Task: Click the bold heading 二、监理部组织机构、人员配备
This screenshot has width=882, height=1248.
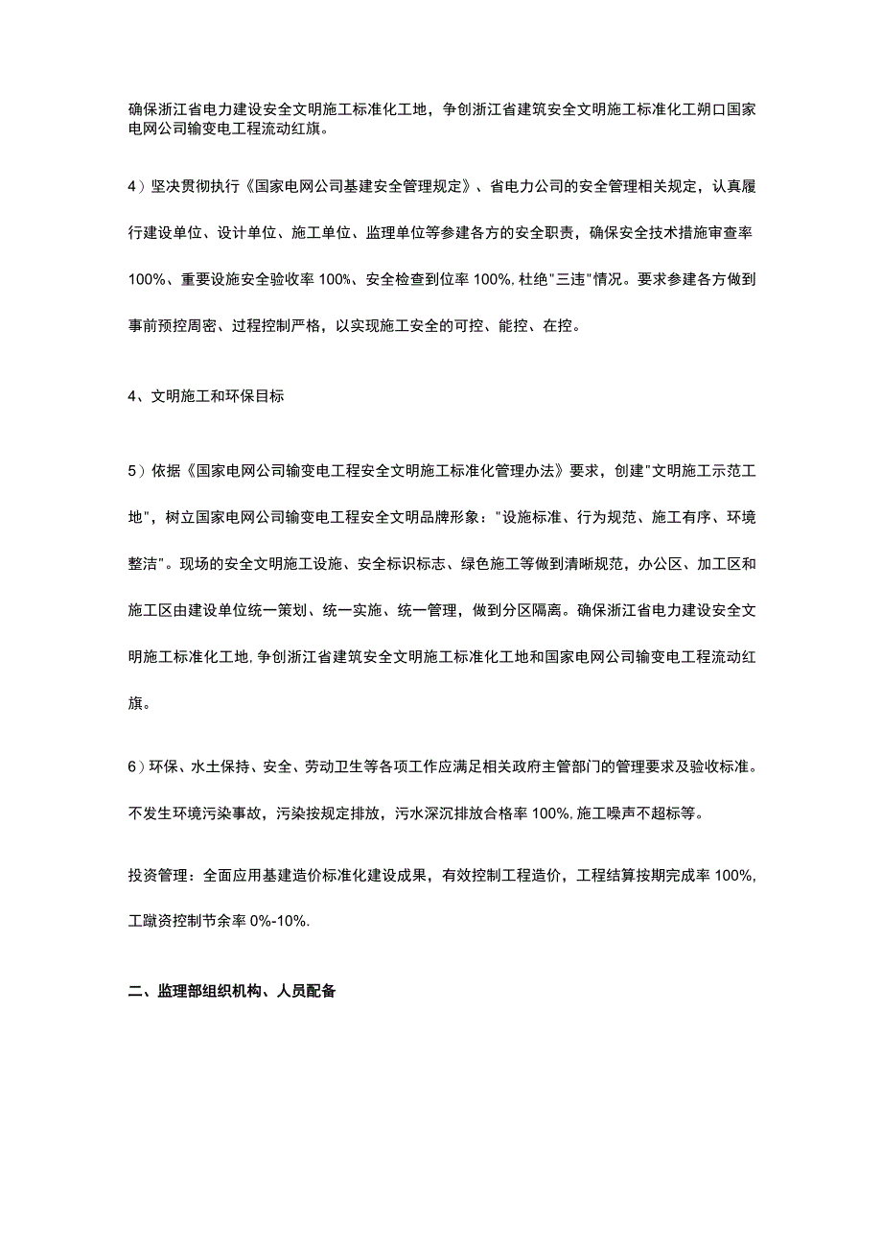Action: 232,993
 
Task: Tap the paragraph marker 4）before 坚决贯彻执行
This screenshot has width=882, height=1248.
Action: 136,185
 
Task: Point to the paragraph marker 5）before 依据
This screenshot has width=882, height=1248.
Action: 136,471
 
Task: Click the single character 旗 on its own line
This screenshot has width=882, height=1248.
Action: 136,703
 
